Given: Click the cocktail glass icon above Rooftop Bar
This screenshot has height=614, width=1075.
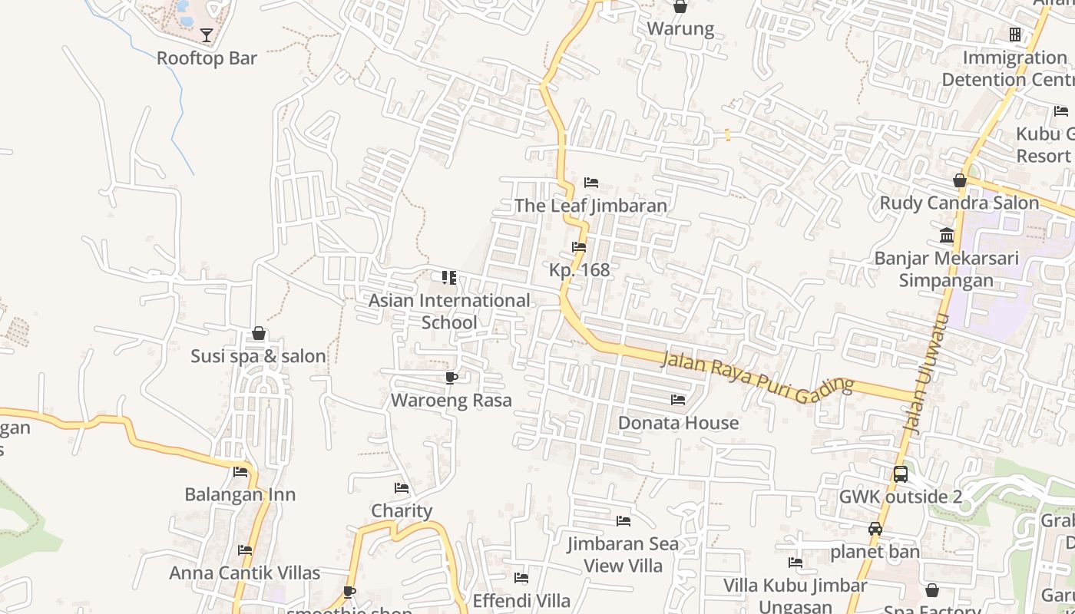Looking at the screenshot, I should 207,35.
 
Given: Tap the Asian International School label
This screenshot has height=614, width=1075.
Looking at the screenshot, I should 449,311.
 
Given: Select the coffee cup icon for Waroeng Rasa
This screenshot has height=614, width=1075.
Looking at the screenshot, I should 451,378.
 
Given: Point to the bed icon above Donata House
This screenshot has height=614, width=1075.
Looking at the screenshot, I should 678,400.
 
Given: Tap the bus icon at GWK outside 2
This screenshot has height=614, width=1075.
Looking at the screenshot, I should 901,474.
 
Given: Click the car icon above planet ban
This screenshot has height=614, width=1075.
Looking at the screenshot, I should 875,529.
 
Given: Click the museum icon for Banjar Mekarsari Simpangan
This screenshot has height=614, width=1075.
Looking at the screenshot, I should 947,235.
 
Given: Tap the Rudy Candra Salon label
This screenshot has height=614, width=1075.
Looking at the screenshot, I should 959,203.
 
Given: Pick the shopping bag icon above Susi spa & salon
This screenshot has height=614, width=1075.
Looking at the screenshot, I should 259,334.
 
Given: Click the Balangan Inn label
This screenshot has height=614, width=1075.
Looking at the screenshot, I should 240,494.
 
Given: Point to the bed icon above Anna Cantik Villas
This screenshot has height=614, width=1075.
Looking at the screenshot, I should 245,550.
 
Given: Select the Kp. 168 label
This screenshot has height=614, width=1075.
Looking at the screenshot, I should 580,270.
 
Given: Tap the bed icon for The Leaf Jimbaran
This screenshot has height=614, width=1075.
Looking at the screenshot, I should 591,183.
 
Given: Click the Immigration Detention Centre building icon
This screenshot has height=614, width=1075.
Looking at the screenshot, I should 1015,35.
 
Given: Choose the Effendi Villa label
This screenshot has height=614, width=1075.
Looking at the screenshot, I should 521,600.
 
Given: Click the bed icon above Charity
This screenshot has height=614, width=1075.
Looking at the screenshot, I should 402,488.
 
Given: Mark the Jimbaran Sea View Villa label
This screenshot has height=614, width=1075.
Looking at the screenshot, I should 623,554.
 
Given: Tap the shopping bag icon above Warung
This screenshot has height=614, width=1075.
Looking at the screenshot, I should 680,7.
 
